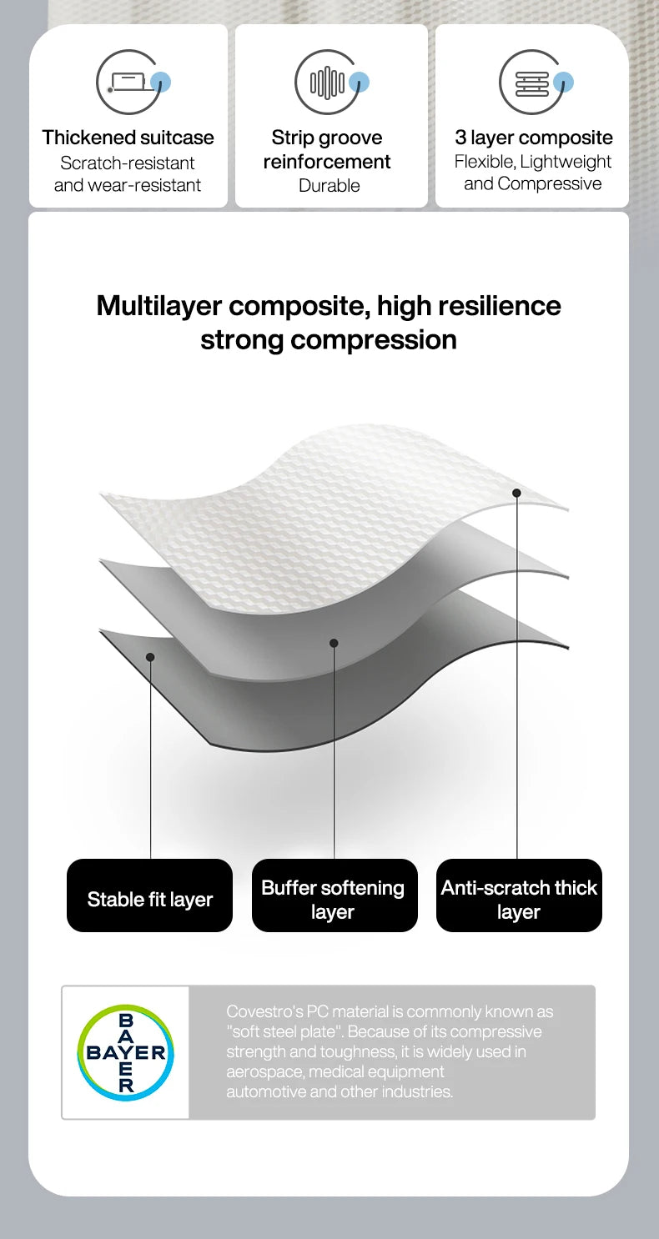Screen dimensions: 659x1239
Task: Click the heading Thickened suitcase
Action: point(128,138)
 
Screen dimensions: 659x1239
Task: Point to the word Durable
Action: point(329,185)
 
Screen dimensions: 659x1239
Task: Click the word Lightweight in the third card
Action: point(566,162)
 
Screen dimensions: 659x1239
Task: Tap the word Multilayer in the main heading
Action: point(158,306)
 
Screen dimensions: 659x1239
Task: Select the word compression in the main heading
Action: point(374,339)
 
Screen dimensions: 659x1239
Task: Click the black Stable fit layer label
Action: point(149,895)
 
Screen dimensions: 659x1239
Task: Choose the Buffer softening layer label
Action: point(335,895)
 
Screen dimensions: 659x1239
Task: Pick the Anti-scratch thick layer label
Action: point(519,895)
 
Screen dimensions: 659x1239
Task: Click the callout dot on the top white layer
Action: point(516,493)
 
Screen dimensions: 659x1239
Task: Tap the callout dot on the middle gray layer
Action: point(334,643)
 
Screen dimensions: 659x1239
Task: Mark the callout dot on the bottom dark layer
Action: point(150,657)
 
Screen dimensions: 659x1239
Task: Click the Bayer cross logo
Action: point(126,1052)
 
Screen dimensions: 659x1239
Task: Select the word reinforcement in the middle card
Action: point(327,162)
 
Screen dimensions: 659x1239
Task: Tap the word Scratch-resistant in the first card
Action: point(128,163)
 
